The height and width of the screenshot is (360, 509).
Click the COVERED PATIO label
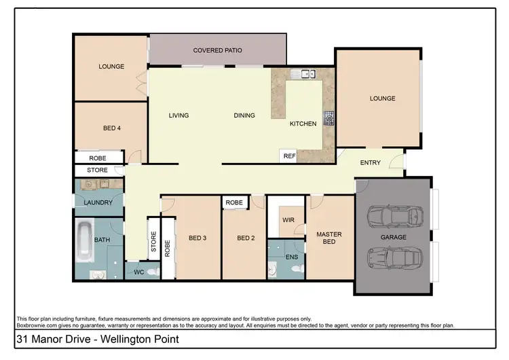[x=217, y=50]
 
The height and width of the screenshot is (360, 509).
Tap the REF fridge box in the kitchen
[x=290, y=156]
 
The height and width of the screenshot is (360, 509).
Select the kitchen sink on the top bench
[x=301, y=74]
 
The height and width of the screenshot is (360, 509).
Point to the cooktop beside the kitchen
[x=330, y=118]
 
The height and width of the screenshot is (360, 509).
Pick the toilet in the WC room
[x=153, y=271]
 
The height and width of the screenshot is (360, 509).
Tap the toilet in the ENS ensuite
[x=295, y=269]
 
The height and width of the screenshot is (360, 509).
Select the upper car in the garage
[x=394, y=217]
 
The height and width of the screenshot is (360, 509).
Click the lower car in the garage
[x=394, y=258]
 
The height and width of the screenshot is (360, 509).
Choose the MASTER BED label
[x=329, y=238]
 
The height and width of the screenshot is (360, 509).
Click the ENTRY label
[x=370, y=162]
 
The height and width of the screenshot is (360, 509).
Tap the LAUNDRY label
[x=98, y=202]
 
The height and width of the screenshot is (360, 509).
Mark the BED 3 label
[x=197, y=238]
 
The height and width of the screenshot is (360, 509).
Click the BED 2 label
[x=245, y=238]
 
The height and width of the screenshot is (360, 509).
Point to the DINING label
[x=244, y=115]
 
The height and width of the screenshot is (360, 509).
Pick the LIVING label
[x=178, y=115]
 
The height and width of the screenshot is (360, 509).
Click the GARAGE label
[x=393, y=238]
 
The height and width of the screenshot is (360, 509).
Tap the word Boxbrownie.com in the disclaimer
[x=38, y=326]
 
